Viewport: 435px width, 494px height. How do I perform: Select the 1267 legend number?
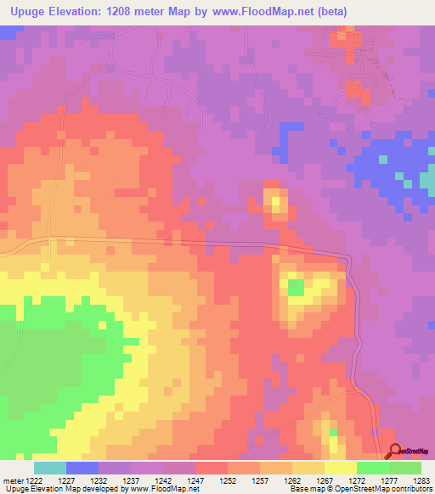coord(323,480)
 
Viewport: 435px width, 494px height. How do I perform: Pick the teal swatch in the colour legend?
coord(50,468)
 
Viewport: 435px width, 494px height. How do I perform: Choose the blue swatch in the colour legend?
coord(82,468)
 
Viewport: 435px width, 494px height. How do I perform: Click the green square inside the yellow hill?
coord(296,288)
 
